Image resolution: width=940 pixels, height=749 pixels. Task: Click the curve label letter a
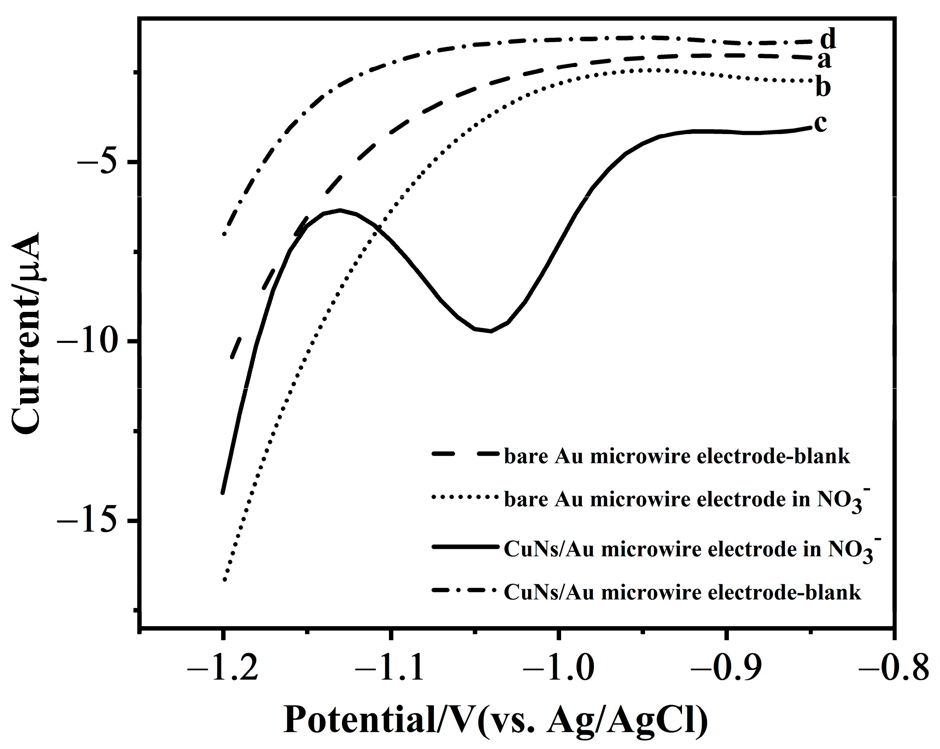coord(824,61)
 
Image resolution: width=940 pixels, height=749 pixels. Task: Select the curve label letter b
coord(823,87)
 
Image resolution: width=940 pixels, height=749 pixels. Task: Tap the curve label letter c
coord(820,123)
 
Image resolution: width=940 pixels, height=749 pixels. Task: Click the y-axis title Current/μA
coord(26,334)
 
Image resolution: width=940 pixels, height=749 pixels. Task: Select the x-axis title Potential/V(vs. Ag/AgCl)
coord(495,720)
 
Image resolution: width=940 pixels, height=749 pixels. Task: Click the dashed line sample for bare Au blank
coord(465,454)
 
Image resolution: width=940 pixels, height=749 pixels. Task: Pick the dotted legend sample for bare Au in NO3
coord(465,497)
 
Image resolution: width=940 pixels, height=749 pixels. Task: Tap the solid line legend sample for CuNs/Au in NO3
coord(465,546)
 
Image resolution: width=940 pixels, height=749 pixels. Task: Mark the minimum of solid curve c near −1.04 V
coord(491,331)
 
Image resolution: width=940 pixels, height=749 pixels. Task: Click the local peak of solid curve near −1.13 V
coord(340,210)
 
